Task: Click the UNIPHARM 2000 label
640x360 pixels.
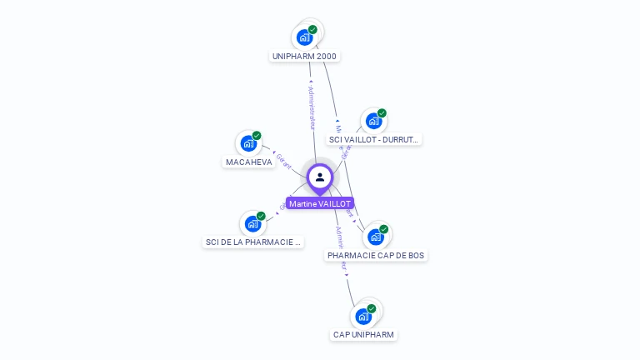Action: (306, 57)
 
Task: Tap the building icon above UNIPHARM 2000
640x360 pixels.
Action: (304, 37)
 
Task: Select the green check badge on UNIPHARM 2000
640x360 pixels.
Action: (312, 30)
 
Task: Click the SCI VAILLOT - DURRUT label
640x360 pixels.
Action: (373, 140)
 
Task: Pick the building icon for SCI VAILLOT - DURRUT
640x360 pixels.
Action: (373, 122)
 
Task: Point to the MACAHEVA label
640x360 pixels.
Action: (249, 162)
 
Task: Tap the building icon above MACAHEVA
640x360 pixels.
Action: (248, 143)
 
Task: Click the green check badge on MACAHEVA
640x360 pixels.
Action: (257, 136)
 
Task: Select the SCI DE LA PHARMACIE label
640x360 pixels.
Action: (253, 242)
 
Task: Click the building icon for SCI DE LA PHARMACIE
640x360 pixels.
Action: (252, 224)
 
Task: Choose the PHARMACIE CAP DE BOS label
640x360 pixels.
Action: (376, 256)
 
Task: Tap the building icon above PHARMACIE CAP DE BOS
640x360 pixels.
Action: (376, 237)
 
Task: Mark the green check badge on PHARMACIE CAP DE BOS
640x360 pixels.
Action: (384, 229)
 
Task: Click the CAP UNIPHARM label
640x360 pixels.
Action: (363, 335)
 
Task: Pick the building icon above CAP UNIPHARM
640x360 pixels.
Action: (362, 317)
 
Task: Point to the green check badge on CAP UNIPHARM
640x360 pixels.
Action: (372, 308)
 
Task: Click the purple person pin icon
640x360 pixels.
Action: (320, 177)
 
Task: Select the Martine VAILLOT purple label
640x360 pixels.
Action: (320, 203)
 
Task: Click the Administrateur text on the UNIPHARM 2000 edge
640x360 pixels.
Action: (311, 106)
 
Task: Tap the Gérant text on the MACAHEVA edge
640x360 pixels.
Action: (282, 160)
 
